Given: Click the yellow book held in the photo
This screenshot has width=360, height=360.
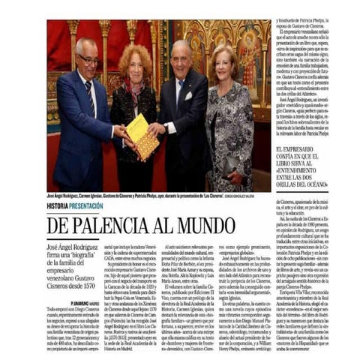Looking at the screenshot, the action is click(142, 135).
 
